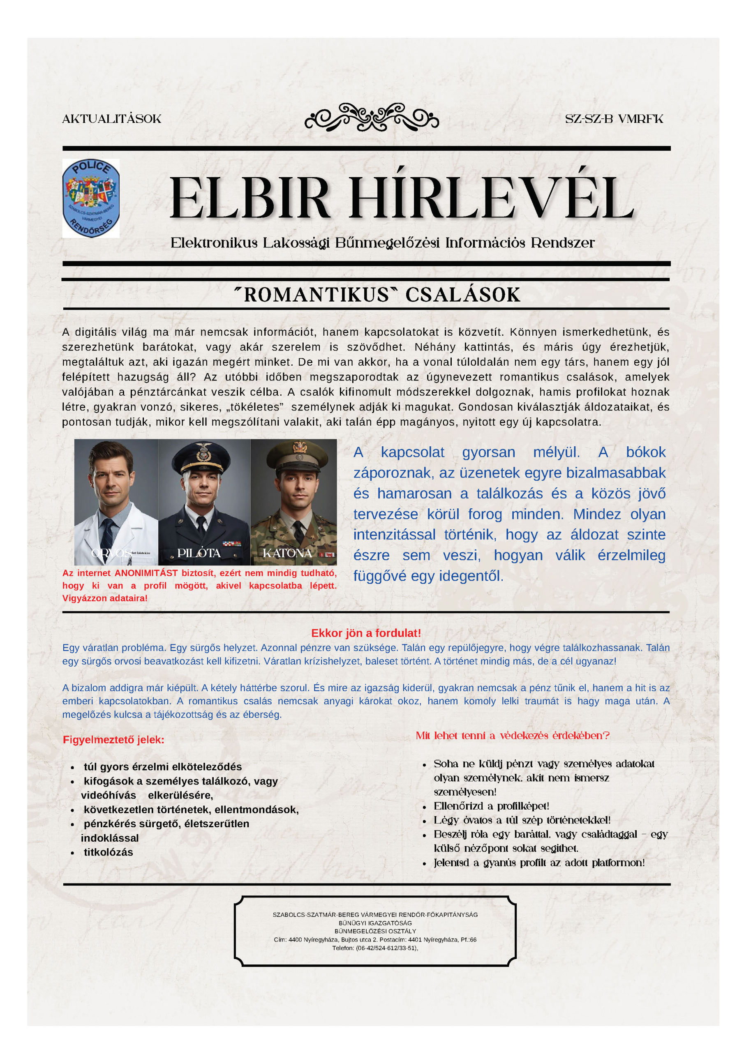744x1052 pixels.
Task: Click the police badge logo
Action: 91,198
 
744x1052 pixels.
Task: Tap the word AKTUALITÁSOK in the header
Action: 112,119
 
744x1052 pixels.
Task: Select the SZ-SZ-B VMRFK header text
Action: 614,119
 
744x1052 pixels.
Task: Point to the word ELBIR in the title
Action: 250,199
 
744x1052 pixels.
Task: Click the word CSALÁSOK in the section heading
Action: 462,295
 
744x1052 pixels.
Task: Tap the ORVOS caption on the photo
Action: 111,553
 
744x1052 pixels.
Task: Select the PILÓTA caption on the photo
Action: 199,553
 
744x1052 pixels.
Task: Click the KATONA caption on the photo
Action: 287,553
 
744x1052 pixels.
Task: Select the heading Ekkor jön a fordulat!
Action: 366,633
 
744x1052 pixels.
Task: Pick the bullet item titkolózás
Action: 108,852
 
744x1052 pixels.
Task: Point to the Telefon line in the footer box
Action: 375,948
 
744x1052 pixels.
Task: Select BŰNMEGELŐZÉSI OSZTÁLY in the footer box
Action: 375,932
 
